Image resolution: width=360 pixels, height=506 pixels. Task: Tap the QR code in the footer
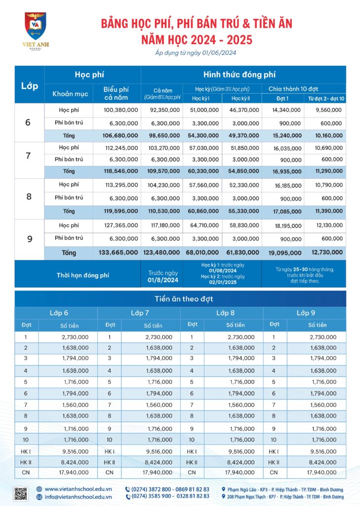click(20, 494)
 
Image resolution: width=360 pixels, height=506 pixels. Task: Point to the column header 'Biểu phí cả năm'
click(117, 92)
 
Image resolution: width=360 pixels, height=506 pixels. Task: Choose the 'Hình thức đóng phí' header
click(243, 75)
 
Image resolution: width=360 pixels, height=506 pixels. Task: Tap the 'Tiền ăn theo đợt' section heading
click(180, 299)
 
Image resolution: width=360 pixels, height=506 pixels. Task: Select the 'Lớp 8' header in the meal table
click(222, 313)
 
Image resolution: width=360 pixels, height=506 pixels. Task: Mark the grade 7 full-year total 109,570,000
click(161, 171)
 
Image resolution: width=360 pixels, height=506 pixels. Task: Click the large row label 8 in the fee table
click(29, 196)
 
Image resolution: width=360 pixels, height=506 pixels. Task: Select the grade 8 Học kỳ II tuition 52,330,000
click(241, 185)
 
